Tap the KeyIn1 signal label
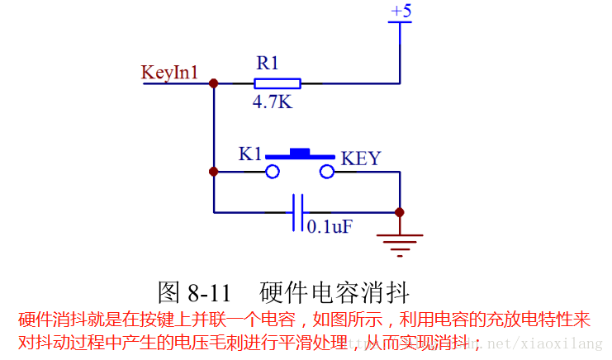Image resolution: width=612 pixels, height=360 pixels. pos(169,72)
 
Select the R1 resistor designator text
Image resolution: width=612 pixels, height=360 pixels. pos(268,63)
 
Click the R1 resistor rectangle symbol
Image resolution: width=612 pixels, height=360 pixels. pos(277,83)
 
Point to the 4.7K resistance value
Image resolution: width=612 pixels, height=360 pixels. pos(273,102)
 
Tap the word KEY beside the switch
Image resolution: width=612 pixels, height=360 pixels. pos(361,158)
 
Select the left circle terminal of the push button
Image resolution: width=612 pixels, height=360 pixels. pos(273,172)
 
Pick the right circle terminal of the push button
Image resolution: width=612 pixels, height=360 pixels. pos(327,172)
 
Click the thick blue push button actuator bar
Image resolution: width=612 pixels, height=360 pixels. pos(300,154)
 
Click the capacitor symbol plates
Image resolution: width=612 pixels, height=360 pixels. pos(298,212)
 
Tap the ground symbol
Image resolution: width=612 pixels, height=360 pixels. pos(400,239)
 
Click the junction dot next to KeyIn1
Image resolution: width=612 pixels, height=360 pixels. pos(214,83)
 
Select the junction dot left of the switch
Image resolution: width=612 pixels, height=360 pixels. pos(214,172)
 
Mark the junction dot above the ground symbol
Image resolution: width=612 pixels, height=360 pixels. pos(400,212)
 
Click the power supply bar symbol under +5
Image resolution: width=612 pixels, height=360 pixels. pos(400,23)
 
